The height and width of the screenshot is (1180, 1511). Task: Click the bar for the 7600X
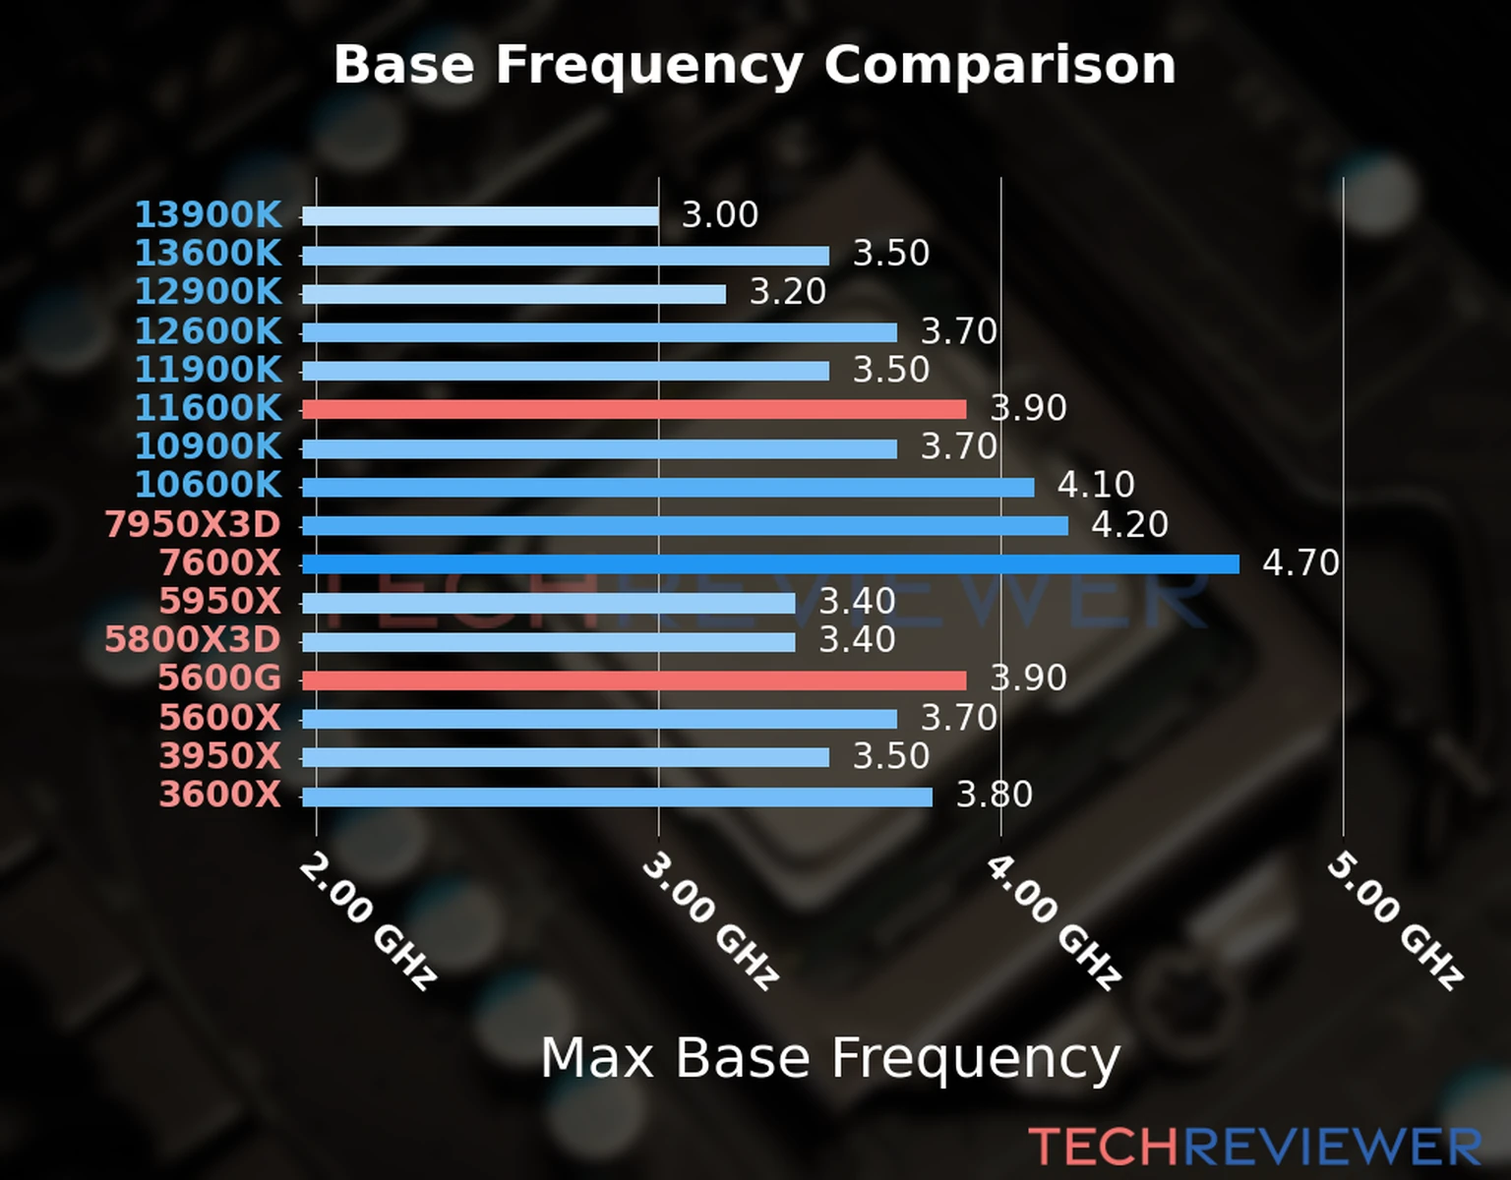click(x=770, y=564)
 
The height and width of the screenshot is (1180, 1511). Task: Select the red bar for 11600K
click(x=634, y=409)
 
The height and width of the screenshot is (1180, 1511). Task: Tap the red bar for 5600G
click(x=634, y=680)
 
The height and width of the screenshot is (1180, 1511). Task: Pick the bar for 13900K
click(x=480, y=216)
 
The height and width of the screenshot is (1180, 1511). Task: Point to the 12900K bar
click(x=514, y=294)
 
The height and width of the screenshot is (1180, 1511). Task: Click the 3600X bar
click(x=617, y=796)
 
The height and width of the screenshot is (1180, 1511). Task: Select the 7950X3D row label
click(x=193, y=524)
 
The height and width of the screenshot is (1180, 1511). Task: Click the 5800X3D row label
click(x=193, y=640)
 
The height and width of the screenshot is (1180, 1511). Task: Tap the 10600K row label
click(x=208, y=485)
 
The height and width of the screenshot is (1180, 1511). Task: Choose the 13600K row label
click(x=208, y=254)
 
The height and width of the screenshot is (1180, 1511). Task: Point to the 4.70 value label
click(x=1300, y=563)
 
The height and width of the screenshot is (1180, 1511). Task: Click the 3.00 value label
click(x=720, y=215)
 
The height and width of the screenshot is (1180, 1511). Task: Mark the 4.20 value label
click(x=1129, y=524)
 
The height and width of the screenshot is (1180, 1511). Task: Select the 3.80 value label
click(x=995, y=795)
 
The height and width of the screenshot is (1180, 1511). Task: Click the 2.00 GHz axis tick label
click(x=367, y=920)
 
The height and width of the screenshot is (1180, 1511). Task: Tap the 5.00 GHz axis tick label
click(x=1395, y=920)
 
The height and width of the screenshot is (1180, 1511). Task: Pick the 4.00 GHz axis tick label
click(x=1053, y=920)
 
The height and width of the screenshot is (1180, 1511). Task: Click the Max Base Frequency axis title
click(x=830, y=1058)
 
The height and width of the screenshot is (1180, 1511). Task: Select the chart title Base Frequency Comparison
click(x=755, y=65)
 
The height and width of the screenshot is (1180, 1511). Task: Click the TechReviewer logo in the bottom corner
click(x=1254, y=1147)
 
